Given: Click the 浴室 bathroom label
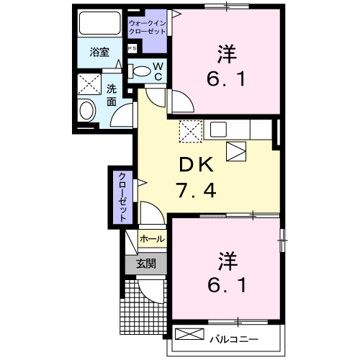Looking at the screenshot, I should pos(99,52).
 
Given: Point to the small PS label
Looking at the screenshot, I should pos(132,48).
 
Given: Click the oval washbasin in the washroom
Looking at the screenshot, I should pos(87,111).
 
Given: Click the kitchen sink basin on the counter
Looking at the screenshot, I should pos(218,130).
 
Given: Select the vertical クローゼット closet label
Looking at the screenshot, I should pos(122,196).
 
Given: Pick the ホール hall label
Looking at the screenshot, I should pos(152,238).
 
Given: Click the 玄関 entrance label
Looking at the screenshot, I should pos(146,264).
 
